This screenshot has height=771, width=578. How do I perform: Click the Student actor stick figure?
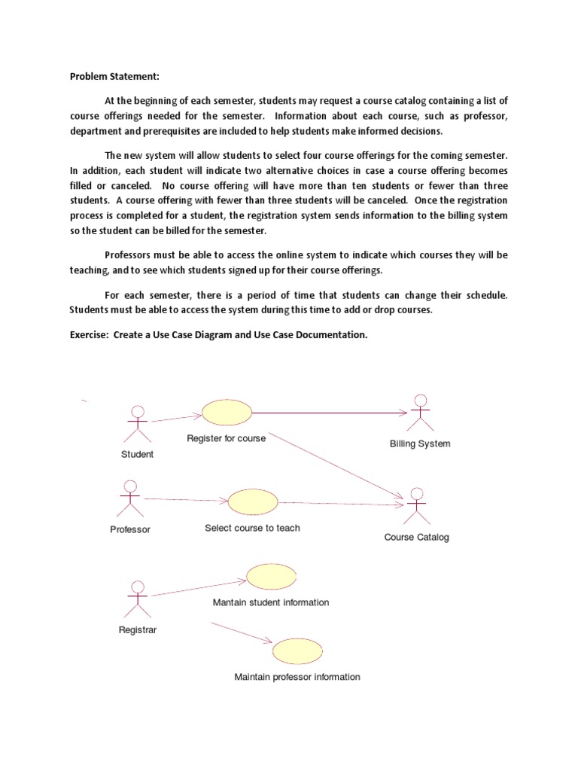(x=137, y=424)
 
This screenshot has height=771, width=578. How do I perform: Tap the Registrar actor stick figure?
(x=136, y=599)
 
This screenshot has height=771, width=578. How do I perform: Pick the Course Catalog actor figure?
(x=416, y=506)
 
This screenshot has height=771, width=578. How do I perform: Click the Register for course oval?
(x=227, y=413)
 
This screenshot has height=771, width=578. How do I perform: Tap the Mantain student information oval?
(x=271, y=577)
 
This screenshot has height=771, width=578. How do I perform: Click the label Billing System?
(x=420, y=443)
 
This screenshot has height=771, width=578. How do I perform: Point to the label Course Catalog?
(x=416, y=537)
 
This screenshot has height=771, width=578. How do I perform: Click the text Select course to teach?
(x=252, y=528)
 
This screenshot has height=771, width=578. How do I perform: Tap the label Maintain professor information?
(x=297, y=677)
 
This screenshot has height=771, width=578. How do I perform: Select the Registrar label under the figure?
(x=138, y=629)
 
